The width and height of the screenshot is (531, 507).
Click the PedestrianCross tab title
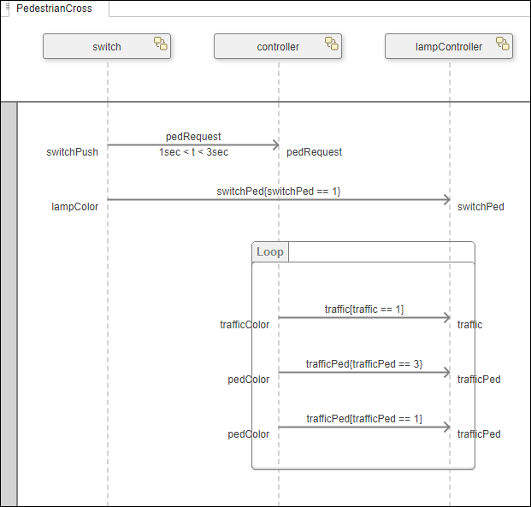(54, 9)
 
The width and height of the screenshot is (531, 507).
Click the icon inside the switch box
(160, 44)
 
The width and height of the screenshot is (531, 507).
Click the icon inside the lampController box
(502, 44)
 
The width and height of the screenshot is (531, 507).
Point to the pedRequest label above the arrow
(193, 136)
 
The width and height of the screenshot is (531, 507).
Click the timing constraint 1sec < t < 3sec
(193, 152)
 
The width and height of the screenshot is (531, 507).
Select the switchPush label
(72, 152)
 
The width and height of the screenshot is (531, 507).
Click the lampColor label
(74, 206)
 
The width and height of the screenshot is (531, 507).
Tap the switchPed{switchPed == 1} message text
(279, 191)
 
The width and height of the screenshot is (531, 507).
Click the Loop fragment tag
(270, 252)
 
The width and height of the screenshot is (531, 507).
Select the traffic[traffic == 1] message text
(363, 309)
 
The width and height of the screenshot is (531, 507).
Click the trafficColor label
(245, 324)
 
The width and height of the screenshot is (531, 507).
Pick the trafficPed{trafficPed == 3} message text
(363, 363)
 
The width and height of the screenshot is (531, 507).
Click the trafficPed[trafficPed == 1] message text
(363, 418)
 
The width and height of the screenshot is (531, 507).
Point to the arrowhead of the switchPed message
(445, 199)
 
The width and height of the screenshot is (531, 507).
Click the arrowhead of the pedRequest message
(274, 145)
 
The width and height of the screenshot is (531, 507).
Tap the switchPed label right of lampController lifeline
(481, 206)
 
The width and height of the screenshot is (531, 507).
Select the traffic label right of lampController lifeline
(469, 324)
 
